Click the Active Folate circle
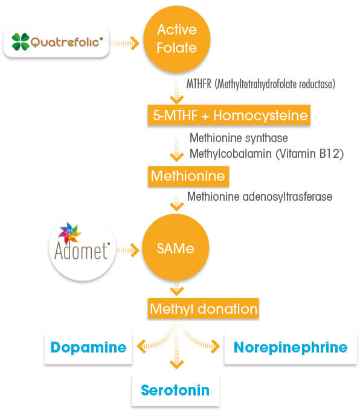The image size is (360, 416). tap(177, 39)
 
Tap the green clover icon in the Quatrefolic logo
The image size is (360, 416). tap(21, 42)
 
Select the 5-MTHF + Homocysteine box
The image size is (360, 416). tap(229, 115)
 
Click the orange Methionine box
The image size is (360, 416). tap(188, 176)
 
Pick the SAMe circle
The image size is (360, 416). tap(176, 247)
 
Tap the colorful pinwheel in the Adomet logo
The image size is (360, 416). tap(69, 233)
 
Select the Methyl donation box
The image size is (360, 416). tap(204, 308)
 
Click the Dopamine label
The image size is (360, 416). tap(88, 347)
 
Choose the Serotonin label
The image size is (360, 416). tap(175, 390)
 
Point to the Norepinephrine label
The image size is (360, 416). tap(291, 347)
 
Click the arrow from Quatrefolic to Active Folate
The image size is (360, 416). tap(124, 44)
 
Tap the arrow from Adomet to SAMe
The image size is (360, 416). tap(128, 250)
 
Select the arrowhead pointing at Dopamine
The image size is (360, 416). tap(141, 346)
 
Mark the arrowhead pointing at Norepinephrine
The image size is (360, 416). tap(215, 346)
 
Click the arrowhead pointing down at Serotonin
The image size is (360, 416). tap(176, 365)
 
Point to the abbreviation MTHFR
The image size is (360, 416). tap(199, 84)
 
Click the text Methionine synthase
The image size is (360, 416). tap(239, 138)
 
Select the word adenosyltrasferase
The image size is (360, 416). tap(288, 197)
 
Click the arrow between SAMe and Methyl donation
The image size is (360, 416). tap(176, 289)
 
